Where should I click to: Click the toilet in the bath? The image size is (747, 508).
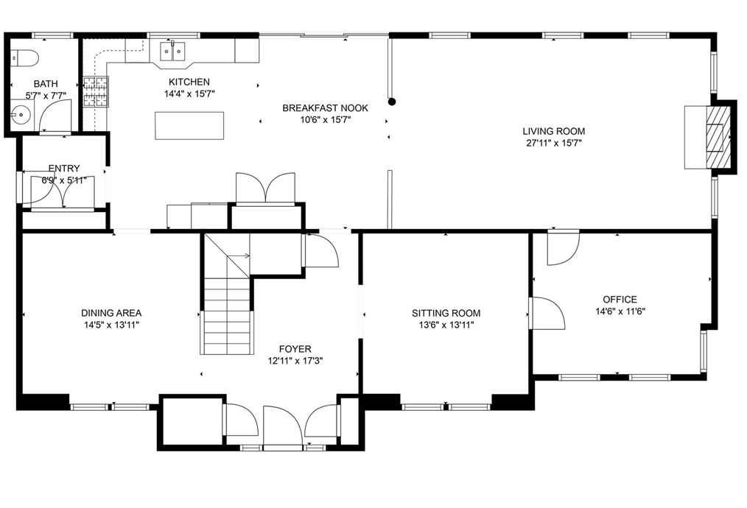tap(24, 57)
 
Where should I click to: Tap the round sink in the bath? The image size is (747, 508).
tap(21, 114)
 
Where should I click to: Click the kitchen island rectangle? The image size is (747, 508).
tap(189, 126)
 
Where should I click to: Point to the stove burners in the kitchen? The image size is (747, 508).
tap(96, 91)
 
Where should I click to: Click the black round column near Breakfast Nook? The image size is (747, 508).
tap(392, 102)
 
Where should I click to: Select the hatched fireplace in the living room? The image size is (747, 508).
tap(718, 137)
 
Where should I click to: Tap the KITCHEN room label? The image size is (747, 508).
tap(189, 82)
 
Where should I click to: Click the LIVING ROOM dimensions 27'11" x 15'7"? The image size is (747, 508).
tap(553, 143)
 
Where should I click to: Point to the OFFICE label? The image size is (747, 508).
tap(620, 300)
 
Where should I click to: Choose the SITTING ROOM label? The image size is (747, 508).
tap(446, 314)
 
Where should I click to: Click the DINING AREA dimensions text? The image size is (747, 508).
tap(111, 325)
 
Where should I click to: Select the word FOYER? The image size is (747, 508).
tap(295, 350)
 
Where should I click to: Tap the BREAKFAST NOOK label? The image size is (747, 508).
tap(325, 108)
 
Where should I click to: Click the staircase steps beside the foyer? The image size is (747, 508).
tap(227, 314)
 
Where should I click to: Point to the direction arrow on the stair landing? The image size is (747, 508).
tap(238, 255)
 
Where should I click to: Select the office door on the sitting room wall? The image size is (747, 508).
tap(547, 314)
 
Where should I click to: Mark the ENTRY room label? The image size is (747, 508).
tap(64, 169)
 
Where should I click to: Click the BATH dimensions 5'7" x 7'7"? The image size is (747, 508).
tap(46, 96)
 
